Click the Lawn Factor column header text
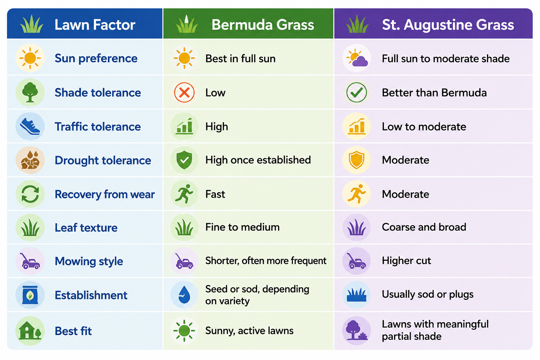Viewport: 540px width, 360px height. [x=95, y=25]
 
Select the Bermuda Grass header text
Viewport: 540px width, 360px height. [x=263, y=25]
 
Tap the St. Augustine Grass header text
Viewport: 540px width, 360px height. [x=448, y=25]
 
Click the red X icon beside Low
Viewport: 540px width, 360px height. [x=184, y=92]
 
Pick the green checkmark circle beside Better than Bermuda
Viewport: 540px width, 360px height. [x=356, y=92]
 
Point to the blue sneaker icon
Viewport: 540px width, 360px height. [x=30, y=126]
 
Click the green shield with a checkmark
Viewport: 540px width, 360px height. [x=184, y=160]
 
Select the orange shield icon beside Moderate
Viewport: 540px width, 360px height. [x=356, y=160]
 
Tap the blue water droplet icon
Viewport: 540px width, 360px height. [x=184, y=294]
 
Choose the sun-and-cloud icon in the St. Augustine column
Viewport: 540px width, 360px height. [x=357, y=58]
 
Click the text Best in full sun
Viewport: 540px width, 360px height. [x=240, y=59]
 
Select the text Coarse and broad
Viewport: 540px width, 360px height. [x=424, y=227]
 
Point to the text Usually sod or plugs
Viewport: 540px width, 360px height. [x=427, y=294]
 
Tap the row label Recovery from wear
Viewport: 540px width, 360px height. [x=105, y=194]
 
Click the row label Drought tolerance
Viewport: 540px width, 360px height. [x=103, y=160]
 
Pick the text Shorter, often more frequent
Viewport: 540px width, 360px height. [x=266, y=261]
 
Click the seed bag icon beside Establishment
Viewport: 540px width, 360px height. [x=30, y=295]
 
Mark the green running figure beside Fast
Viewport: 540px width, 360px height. [x=184, y=194]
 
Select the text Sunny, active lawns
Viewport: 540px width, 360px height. [x=249, y=330]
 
